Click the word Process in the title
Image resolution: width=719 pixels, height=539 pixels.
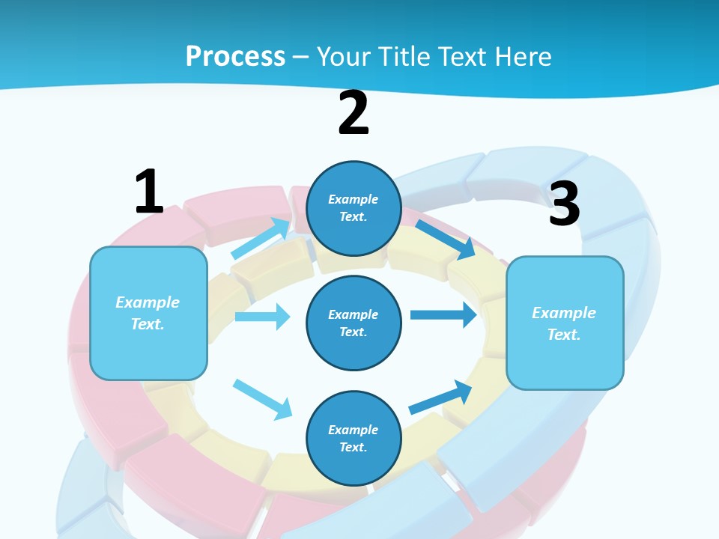(235, 56)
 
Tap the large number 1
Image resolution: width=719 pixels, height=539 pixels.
(149, 192)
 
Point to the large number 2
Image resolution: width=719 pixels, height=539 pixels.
(354, 113)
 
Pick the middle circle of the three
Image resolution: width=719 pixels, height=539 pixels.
(354, 323)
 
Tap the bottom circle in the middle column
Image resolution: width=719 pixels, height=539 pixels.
(354, 438)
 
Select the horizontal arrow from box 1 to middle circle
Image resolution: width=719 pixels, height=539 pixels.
(262, 317)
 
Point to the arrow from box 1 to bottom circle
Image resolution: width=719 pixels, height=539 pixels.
(262, 398)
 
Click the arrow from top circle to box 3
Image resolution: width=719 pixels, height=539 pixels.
(445, 239)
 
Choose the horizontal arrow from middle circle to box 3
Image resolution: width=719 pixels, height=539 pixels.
(443, 314)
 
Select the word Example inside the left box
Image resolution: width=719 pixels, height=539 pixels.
(148, 302)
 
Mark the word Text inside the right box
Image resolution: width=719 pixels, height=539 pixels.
(563, 335)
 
